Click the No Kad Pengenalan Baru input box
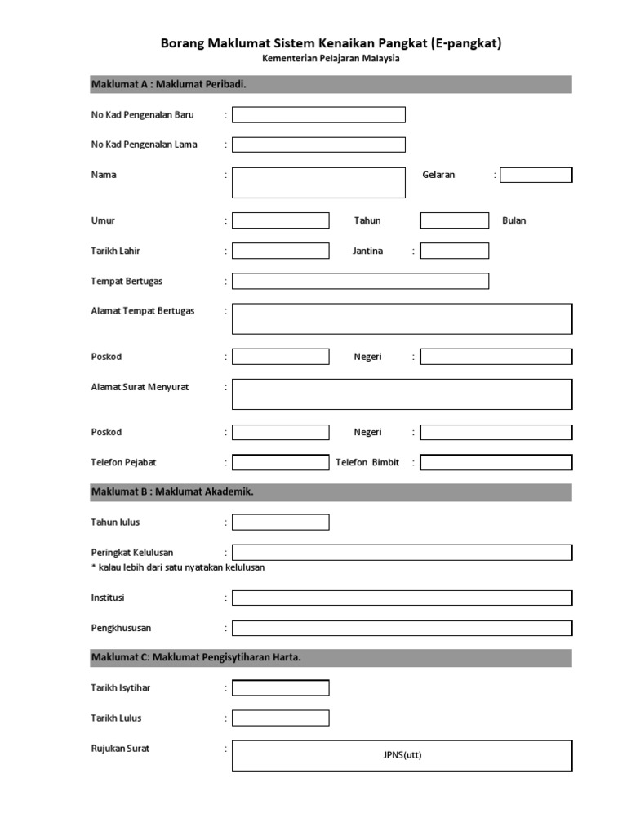pos(318,115)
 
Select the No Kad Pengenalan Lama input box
pos(318,145)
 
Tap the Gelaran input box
pos(536,175)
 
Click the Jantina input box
pos(455,251)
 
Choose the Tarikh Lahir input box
pos(280,251)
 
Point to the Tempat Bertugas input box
pos(360,281)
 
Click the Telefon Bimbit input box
pos(496,462)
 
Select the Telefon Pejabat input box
pos(280,462)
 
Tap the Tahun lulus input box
pos(280,522)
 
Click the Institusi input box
pos(402,598)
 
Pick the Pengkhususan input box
pos(402,628)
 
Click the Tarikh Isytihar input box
pos(280,687)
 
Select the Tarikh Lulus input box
pos(280,718)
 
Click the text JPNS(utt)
pos(402,755)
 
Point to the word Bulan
pos(514,220)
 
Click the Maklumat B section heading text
pos(177,491)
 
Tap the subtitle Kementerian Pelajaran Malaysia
pos(331,59)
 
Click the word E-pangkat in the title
pos(466,42)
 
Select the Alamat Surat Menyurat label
pos(140,387)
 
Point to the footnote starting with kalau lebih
pos(178,567)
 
